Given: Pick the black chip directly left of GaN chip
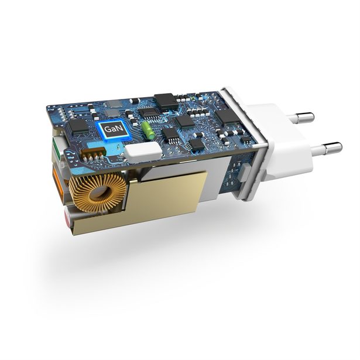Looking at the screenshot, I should pyautogui.click(x=77, y=128).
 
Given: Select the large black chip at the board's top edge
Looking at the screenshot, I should pyautogui.click(x=166, y=100).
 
